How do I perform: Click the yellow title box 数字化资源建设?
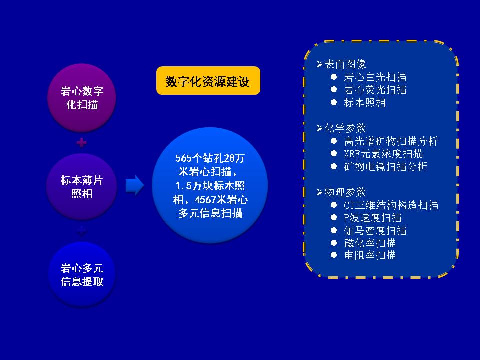(x=208, y=81)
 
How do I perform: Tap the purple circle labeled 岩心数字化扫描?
(x=82, y=98)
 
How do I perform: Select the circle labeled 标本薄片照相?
(x=82, y=186)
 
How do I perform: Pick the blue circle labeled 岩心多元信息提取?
(x=82, y=274)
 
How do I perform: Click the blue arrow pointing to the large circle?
(x=135, y=185)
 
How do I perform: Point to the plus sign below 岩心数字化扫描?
(x=81, y=142)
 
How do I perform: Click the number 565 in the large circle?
(x=184, y=158)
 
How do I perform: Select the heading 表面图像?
(x=345, y=64)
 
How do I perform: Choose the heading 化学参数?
(x=345, y=128)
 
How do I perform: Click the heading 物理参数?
(x=345, y=192)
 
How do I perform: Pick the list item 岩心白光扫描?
(x=375, y=77)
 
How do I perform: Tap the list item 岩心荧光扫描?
(x=375, y=90)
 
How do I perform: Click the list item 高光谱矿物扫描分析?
(x=391, y=141)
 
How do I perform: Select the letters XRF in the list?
(x=352, y=154)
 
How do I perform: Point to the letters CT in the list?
(x=349, y=205)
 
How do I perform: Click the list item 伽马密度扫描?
(x=375, y=230)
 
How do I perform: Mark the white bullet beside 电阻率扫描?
(x=334, y=255)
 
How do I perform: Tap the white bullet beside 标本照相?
(x=334, y=102)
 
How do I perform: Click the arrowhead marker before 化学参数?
(x=320, y=128)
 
